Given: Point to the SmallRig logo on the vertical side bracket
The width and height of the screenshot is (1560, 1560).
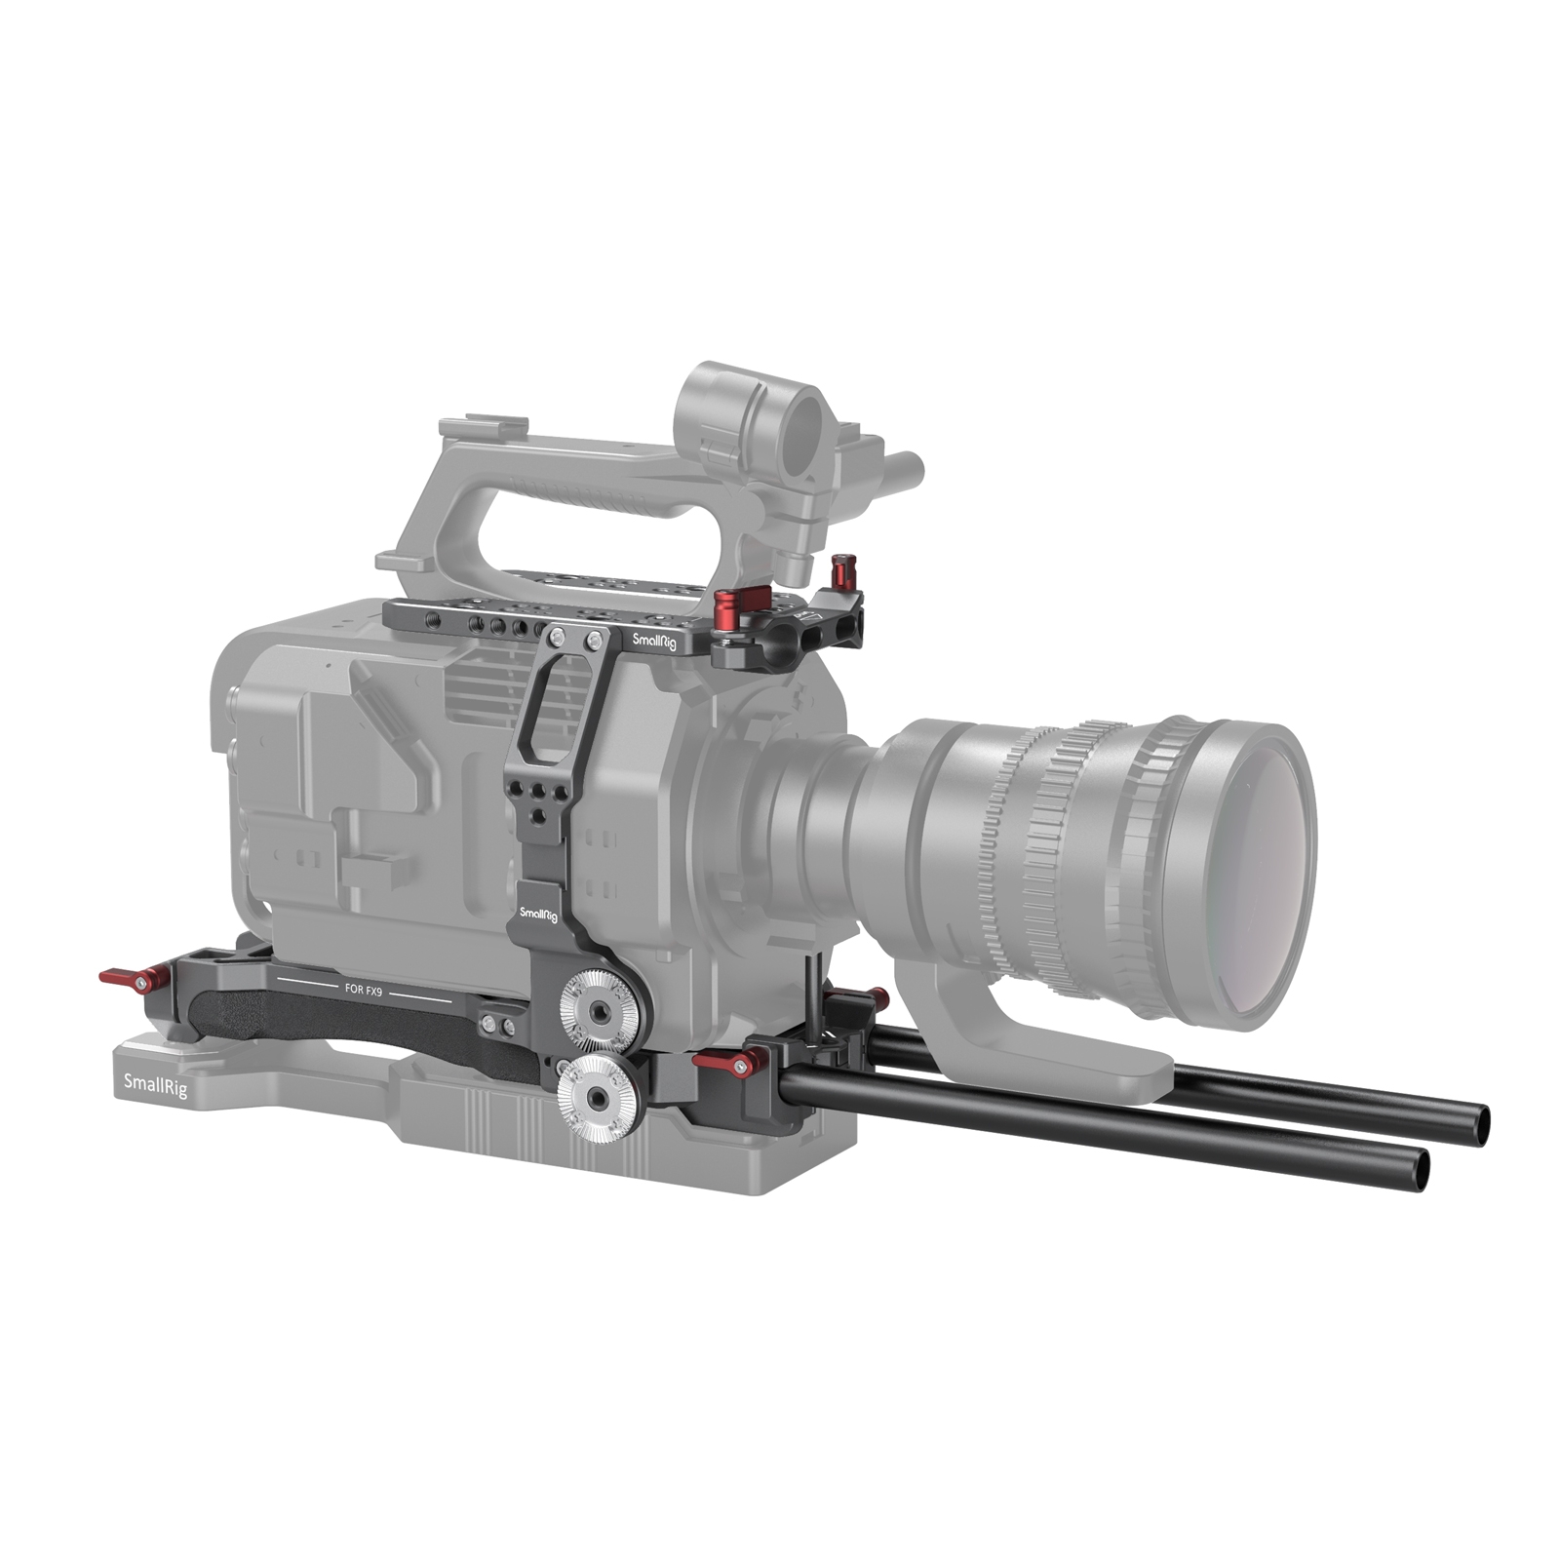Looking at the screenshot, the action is click(538, 914).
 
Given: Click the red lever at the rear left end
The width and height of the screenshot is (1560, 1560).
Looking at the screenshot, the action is click(124, 978).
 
